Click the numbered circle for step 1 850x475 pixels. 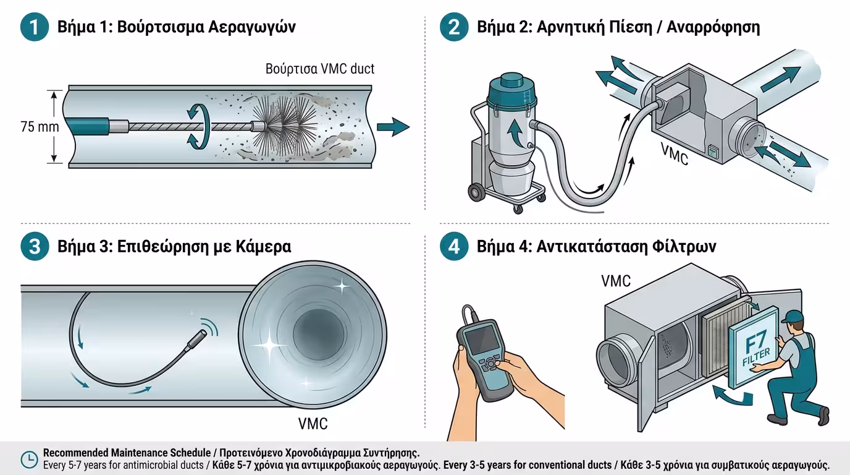pos(35,28)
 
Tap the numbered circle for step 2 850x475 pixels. pos(454,28)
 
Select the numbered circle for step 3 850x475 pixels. pos(35,247)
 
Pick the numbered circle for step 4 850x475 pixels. pos(454,247)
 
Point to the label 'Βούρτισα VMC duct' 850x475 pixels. pos(320,69)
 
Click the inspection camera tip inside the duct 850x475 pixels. pos(199,339)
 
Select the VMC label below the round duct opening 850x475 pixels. pos(313,424)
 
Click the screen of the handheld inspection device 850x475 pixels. pos(479,341)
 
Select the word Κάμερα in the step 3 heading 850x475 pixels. pos(263,247)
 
